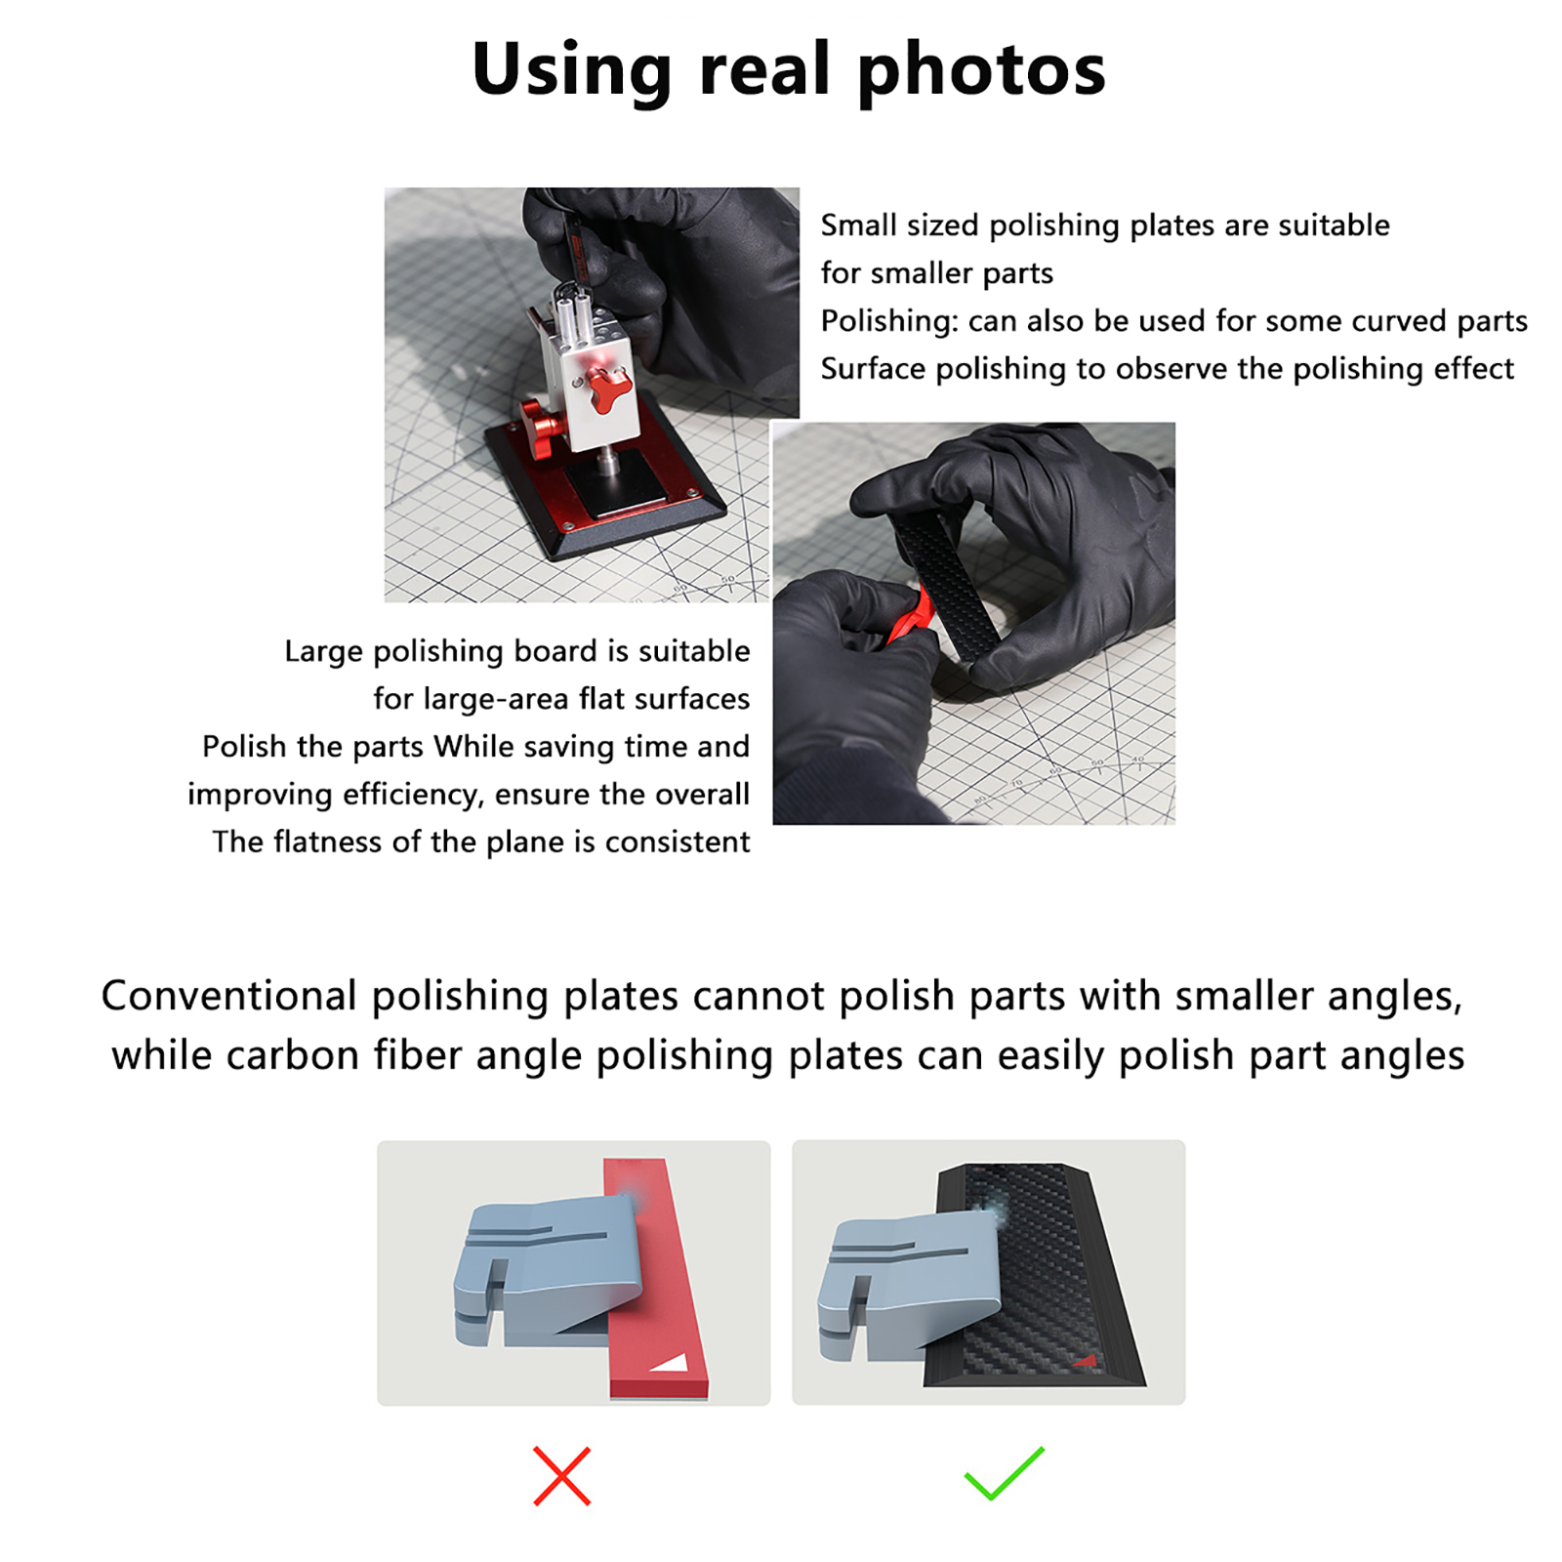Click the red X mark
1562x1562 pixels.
[562, 1475]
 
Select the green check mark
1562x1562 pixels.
[1005, 1473]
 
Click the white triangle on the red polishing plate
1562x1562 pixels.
[671, 1361]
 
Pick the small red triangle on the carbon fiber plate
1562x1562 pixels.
[1087, 1359]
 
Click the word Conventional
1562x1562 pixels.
[228, 996]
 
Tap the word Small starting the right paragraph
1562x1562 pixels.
[858, 226]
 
